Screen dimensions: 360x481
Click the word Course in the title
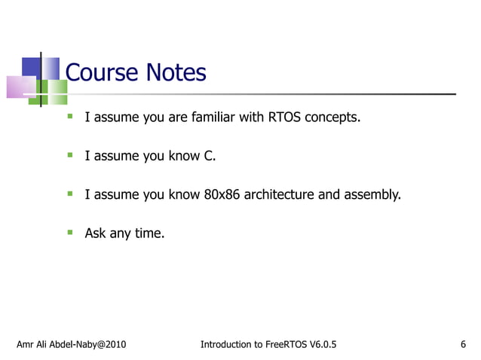[102, 73]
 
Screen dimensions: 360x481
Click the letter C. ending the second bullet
[210, 156]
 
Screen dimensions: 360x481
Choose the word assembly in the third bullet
[372, 195]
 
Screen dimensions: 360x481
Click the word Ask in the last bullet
[95, 233]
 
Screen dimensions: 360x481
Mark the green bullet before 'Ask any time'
[69, 232]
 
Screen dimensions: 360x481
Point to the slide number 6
[462, 345]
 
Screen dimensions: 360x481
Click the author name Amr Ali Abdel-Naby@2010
[72, 345]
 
